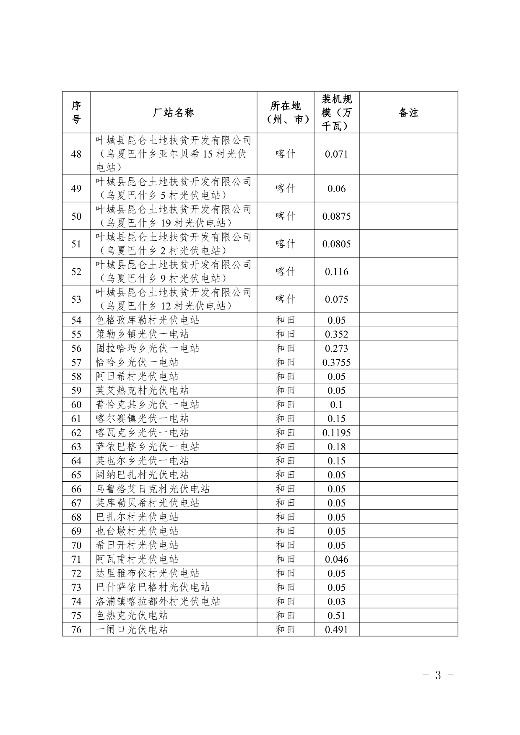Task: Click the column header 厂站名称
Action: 173,112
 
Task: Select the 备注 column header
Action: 408,112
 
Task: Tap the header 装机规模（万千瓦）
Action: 336,112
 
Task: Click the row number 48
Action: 76,154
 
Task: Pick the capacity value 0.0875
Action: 336,216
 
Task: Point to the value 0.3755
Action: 336,362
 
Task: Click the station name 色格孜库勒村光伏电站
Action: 148,320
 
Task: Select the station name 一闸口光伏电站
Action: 132,629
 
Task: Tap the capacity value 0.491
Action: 336,629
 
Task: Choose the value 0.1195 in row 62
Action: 336,433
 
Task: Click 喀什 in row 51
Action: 285,244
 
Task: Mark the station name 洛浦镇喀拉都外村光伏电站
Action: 158,601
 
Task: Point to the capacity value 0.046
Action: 336,559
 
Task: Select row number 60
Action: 76,405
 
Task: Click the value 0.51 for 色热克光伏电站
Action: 336,616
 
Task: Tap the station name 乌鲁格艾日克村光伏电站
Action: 153,489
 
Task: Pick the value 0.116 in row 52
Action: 336,271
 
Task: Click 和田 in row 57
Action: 285,362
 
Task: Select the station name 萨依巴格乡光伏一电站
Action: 148,447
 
